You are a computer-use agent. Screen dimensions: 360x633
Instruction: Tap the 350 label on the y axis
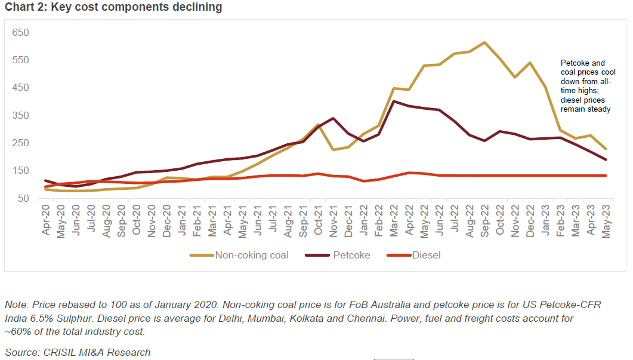[21, 115]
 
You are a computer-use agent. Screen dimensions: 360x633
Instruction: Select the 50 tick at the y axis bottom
[23, 198]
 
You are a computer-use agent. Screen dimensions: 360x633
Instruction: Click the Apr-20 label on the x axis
[47, 221]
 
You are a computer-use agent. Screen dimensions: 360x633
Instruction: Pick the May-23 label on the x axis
[606, 221]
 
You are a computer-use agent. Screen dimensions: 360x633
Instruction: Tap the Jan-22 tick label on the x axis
[364, 221]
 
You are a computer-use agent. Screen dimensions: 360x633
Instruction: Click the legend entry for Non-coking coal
[239, 256]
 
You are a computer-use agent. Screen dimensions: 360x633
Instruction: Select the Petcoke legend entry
[338, 256]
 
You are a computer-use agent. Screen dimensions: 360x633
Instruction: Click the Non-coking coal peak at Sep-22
[484, 42]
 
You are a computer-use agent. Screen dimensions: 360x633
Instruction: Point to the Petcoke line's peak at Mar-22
[394, 101]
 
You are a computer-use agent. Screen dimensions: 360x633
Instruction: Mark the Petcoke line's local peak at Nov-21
[333, 118]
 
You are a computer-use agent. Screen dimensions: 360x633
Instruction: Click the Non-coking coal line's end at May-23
[606, 149]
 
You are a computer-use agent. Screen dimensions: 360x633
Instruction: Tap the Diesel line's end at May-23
[606, 176]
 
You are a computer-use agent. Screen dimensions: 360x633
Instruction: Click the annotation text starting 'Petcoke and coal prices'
[585, 86]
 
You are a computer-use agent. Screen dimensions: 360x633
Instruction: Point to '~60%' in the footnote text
[16, 332]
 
